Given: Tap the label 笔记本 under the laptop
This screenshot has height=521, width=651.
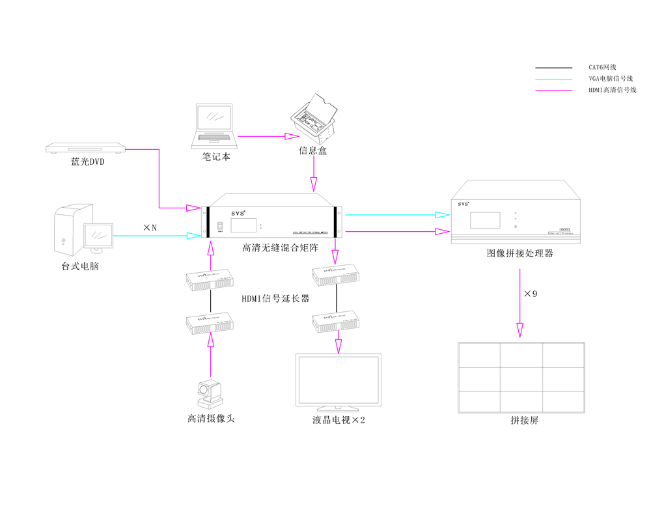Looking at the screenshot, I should click(x=215, y=157).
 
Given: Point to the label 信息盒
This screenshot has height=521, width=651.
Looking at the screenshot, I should click(x=313, y=150).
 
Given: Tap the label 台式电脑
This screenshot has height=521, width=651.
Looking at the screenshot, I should click(x=80, y=266).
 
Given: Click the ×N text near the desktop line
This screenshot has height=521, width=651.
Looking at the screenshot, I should click(x=150, y=227).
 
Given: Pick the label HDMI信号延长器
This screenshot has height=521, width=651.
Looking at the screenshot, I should click(x=275, y=299).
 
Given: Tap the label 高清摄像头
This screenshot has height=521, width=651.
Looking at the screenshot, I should click(x=211, y=419).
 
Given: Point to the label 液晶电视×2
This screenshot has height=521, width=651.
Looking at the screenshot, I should click(x=338, y=420).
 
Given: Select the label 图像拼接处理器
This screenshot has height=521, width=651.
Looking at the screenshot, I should click(x=519, y=253).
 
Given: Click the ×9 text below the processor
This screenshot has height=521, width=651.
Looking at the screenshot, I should click(x=531, y=294).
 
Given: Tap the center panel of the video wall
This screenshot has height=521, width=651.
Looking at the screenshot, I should click(x=521, y=379).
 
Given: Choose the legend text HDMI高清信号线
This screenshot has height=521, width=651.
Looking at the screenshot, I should click(x=611, y=90).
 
